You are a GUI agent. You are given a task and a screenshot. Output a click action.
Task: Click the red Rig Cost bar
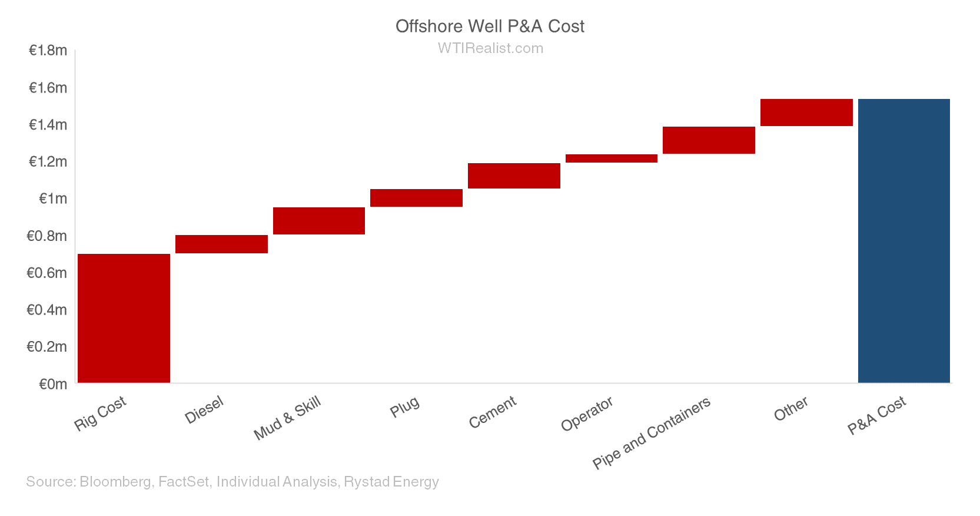(124, 318)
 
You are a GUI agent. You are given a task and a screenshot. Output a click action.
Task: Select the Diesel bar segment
(221, 244)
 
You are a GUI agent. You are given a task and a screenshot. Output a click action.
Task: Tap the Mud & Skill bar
(318, 221)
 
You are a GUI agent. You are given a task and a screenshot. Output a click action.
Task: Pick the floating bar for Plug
(416, 198)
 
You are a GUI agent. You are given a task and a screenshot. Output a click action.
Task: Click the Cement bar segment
(514, 176)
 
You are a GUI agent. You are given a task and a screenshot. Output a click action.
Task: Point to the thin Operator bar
(611, 158)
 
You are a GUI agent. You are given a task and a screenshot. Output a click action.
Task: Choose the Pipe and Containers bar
(709, 140)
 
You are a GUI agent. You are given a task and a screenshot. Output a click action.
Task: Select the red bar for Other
(806, 113)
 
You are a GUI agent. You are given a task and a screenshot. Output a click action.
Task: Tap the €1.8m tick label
(48, 51)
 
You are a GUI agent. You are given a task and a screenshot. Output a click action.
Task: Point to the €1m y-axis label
(53, 199)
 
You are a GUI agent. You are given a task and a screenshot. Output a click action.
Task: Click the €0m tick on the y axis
(53, 384)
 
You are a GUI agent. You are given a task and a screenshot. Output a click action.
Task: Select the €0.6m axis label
(47, 273)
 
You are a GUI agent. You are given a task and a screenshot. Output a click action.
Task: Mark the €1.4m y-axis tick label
(48, 125)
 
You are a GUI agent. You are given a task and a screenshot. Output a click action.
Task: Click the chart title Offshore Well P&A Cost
(490, 27)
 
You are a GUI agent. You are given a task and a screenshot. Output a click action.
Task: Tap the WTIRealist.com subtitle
(490, 48)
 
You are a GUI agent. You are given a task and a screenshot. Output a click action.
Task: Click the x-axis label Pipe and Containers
(652, 433)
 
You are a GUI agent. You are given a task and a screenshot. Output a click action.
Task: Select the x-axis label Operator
(587, 414)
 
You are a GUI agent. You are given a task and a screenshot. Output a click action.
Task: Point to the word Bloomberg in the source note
(115, 482)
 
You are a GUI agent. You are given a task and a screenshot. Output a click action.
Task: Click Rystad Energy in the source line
(391, 482)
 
